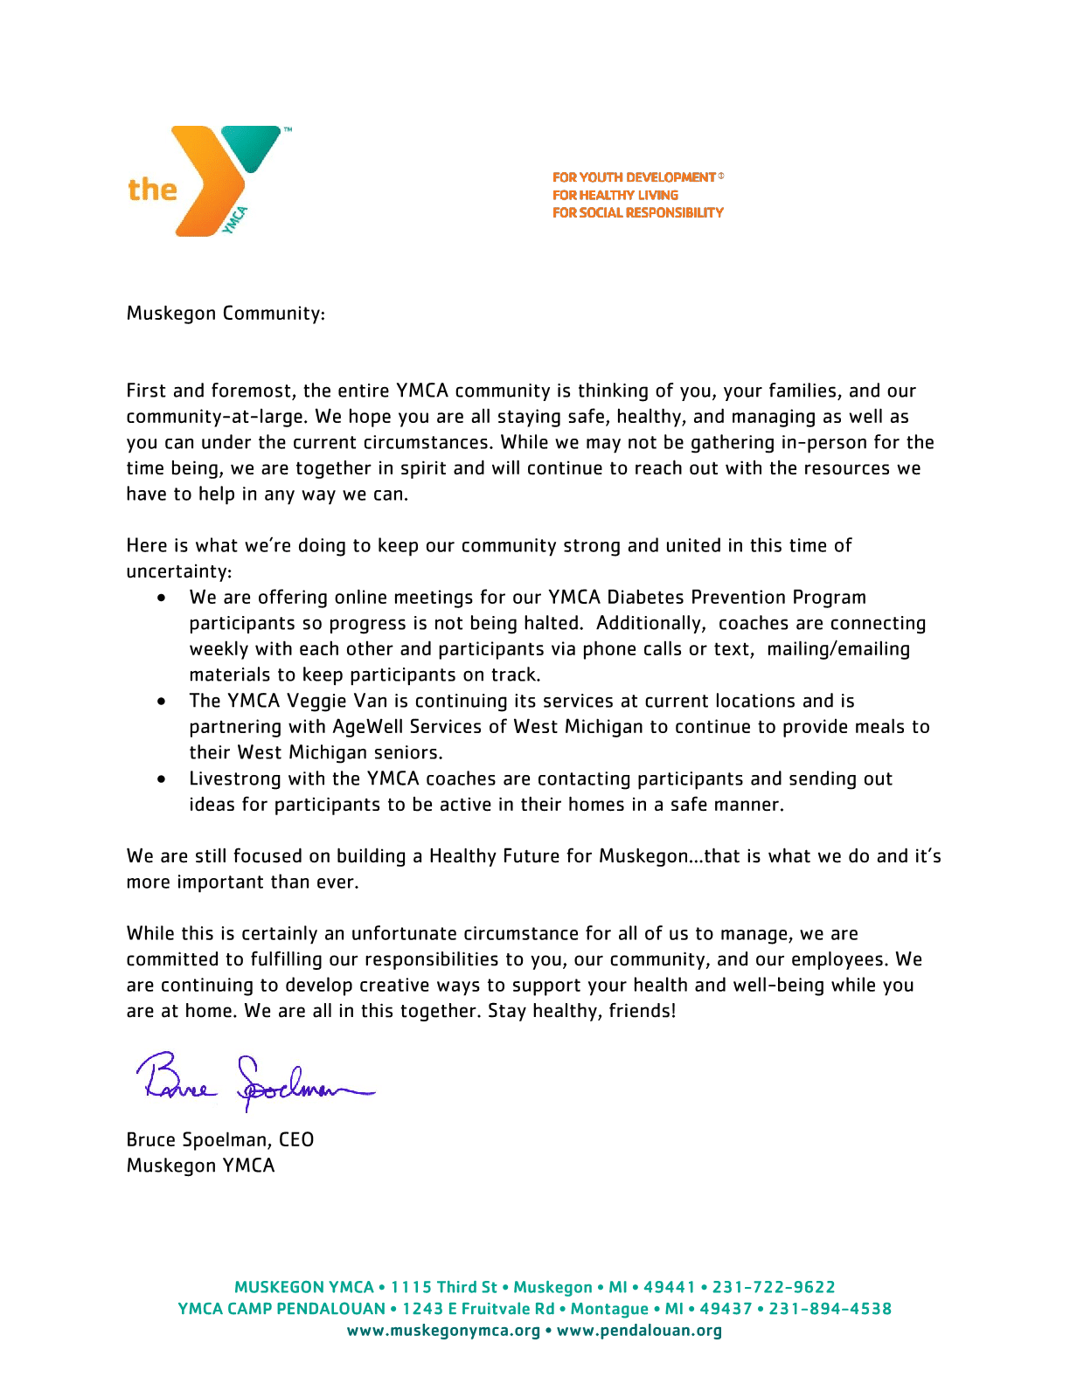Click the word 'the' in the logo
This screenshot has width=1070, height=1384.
pos(152,190)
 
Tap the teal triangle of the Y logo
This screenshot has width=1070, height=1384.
pos(251,145)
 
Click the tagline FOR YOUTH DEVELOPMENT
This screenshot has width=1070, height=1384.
pos(634,177)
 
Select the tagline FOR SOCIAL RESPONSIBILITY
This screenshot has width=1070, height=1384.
pos(637,212)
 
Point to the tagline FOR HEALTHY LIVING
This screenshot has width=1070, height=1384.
pos(615,195)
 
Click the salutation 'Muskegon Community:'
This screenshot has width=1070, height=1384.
pos(226,313)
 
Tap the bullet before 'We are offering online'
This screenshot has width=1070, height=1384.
pos(162,598)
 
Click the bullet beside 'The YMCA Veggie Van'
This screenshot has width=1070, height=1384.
pos(162,701)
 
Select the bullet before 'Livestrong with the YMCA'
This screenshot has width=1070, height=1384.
pos(162,778)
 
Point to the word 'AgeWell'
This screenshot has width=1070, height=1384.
pos(368,727)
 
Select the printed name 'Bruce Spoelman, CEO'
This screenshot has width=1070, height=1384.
pos(220,1139)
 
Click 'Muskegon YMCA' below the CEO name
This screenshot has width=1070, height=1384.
pos(200,1166)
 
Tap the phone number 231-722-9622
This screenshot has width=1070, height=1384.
pos(774,1287)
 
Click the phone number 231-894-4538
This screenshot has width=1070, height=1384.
pos(830,1309)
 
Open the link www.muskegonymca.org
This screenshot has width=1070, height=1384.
pos(443,1331)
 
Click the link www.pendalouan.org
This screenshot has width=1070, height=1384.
pos(639,1331)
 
